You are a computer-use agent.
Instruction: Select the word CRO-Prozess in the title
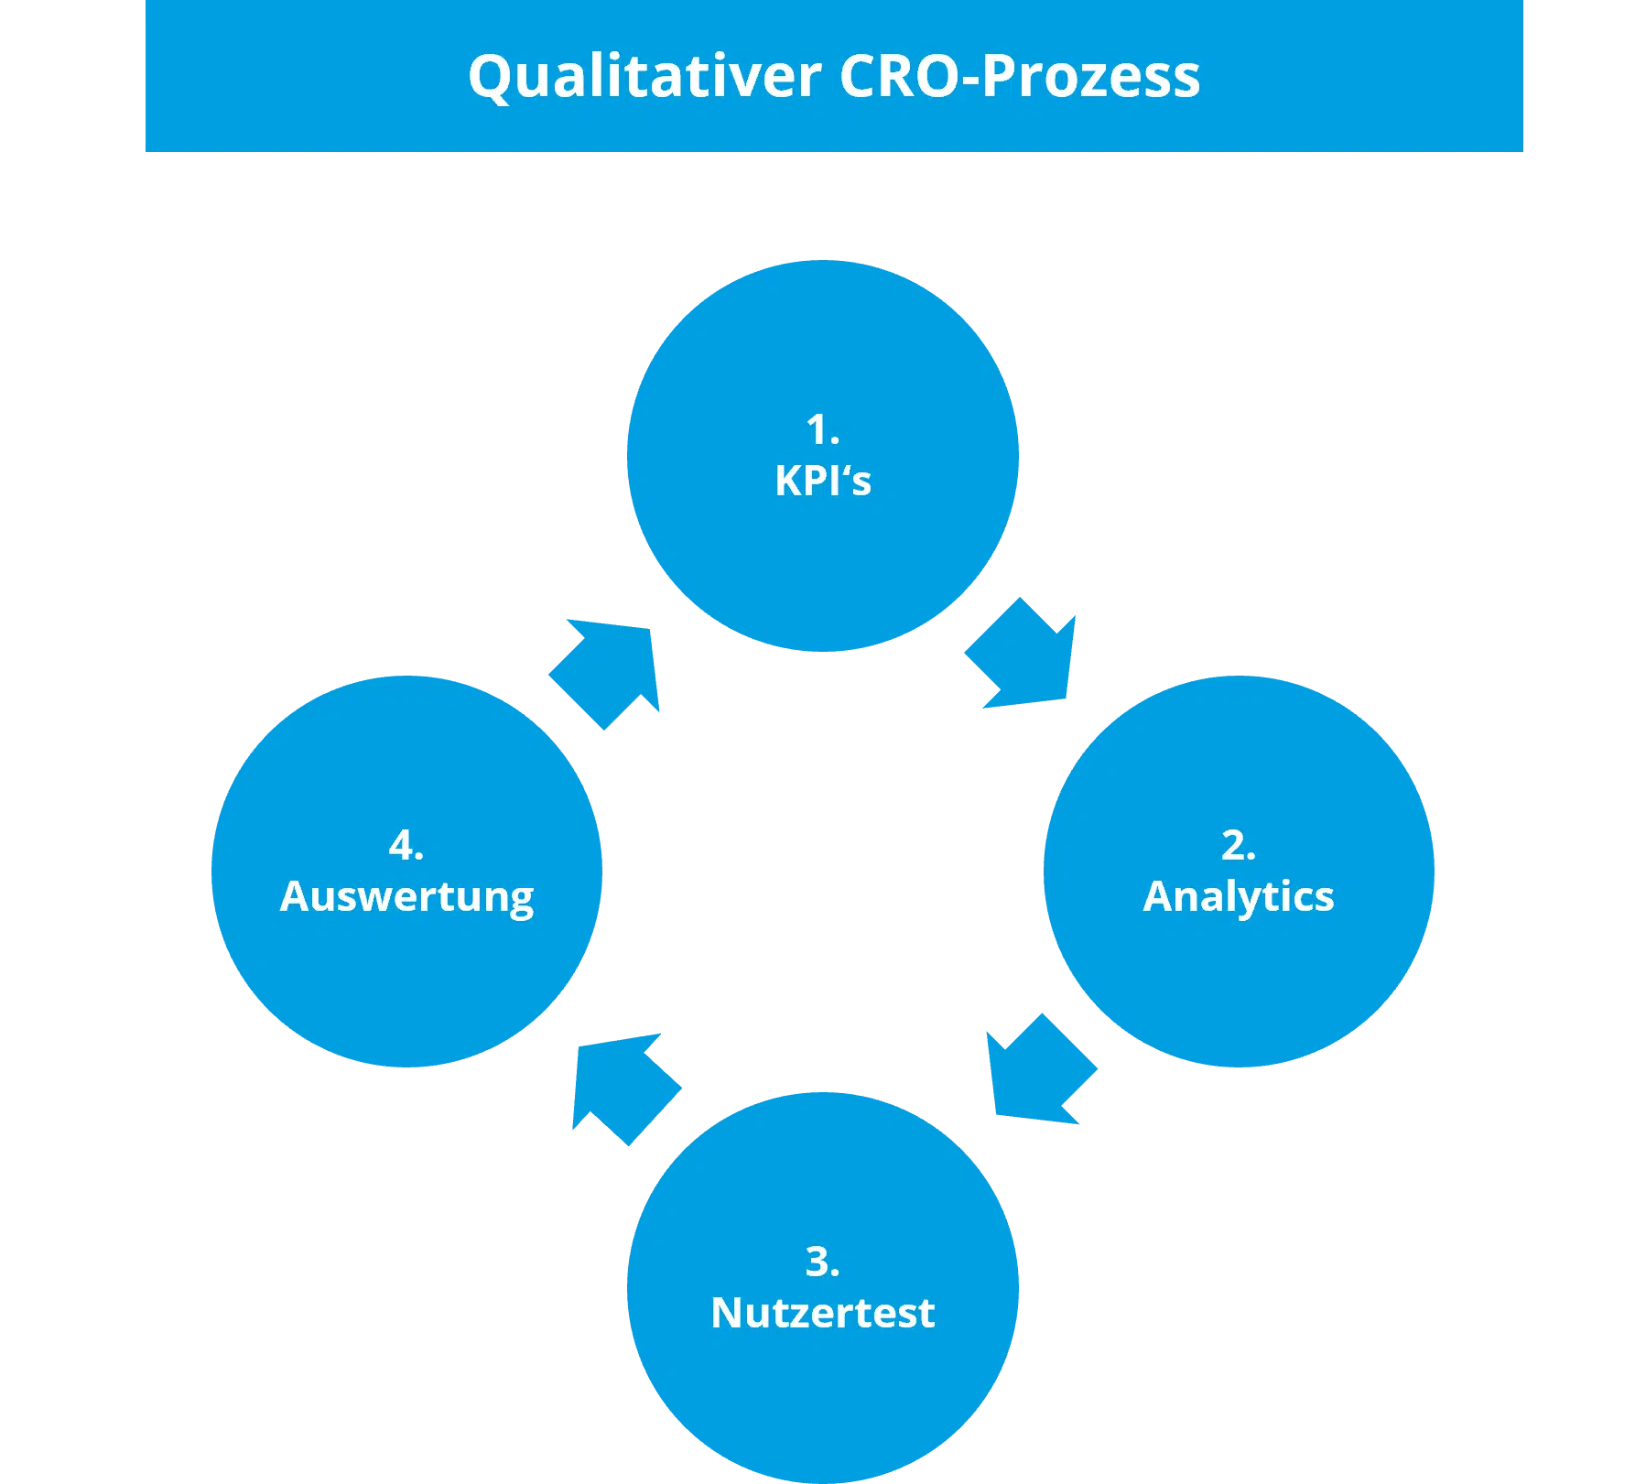(x=1019, y=75)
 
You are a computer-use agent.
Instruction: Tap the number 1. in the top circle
(x=823, y=429)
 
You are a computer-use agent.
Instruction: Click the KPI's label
(x=823, y=481)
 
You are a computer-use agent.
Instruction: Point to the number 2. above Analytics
(x=1239, y=845)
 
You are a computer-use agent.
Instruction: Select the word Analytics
(x=1239, y=897)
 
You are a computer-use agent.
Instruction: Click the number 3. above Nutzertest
(x=823, y=1262)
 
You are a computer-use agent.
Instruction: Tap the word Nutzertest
(x=823, y=1313)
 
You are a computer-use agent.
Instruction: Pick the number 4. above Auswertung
(x=406, y=845)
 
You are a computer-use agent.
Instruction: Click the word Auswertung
(x=406, y=897)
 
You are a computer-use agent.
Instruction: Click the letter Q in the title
(x=492, y=77)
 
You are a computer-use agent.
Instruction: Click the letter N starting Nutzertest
(x=727, y=1313)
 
